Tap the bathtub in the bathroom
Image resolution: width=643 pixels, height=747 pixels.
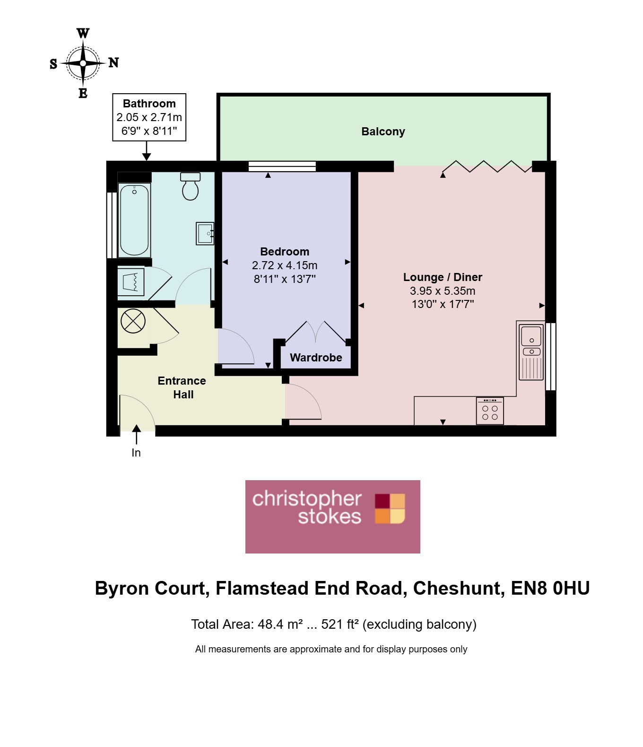tap(134, 220)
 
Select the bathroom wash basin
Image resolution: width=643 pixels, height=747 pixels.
tap(205, 233)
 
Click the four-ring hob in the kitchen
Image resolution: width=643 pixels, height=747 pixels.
tap(490, 411)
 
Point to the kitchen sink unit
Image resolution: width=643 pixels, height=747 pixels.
tap(531, 352)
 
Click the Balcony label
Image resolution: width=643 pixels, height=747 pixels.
tap(383, 132)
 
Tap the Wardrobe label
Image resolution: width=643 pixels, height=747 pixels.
tap(316, 358)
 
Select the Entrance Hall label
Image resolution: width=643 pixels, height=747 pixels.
tap(182, 387)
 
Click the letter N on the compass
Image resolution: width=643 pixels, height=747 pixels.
tap(113, 62)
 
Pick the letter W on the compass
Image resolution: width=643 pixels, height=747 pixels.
tap(83, 33)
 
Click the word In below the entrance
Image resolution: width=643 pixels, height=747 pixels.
tap(136, 452)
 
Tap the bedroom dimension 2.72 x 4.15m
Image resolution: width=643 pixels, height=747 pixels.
tap(285, 265)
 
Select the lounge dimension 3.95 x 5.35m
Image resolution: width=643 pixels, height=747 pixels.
tap(443, 290)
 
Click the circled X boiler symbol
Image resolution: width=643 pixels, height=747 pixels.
tap(133, 321)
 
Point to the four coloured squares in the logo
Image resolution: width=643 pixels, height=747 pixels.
tap(390, 509)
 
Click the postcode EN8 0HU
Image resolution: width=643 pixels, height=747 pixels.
tap(550, 588)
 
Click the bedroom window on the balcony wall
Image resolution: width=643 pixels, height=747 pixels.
tap(282, 166)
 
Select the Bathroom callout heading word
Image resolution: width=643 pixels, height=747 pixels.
tap(149, 104)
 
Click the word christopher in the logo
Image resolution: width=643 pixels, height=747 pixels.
tap(307, 499)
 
